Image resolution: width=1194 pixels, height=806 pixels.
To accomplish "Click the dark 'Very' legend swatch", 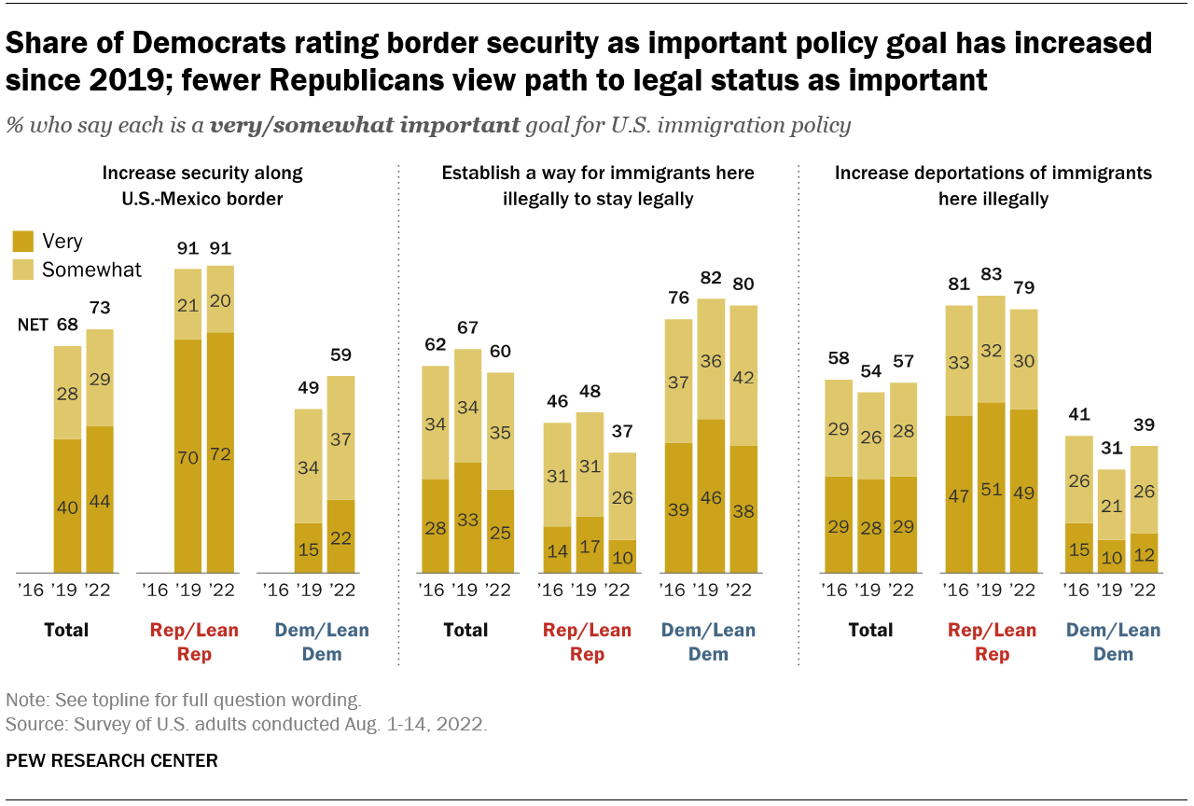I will pos(24,243).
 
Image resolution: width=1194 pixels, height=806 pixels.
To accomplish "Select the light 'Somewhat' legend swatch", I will pos(24,271).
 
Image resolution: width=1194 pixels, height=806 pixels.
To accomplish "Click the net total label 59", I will pos(341,355).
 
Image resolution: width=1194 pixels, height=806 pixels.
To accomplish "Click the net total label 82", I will pos(712,278).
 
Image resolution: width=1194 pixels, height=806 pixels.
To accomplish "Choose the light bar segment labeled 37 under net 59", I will pos(341,438).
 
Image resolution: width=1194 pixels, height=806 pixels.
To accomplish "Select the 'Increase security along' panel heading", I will pos(202,174).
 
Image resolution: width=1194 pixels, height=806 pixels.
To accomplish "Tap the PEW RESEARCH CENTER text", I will pos(112,761).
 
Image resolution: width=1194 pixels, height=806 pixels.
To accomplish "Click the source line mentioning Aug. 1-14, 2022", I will pos(246,724).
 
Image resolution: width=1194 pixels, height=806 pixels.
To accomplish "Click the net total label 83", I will pos(993,275).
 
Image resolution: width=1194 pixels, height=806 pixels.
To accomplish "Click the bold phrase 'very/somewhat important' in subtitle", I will pos(365,126).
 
